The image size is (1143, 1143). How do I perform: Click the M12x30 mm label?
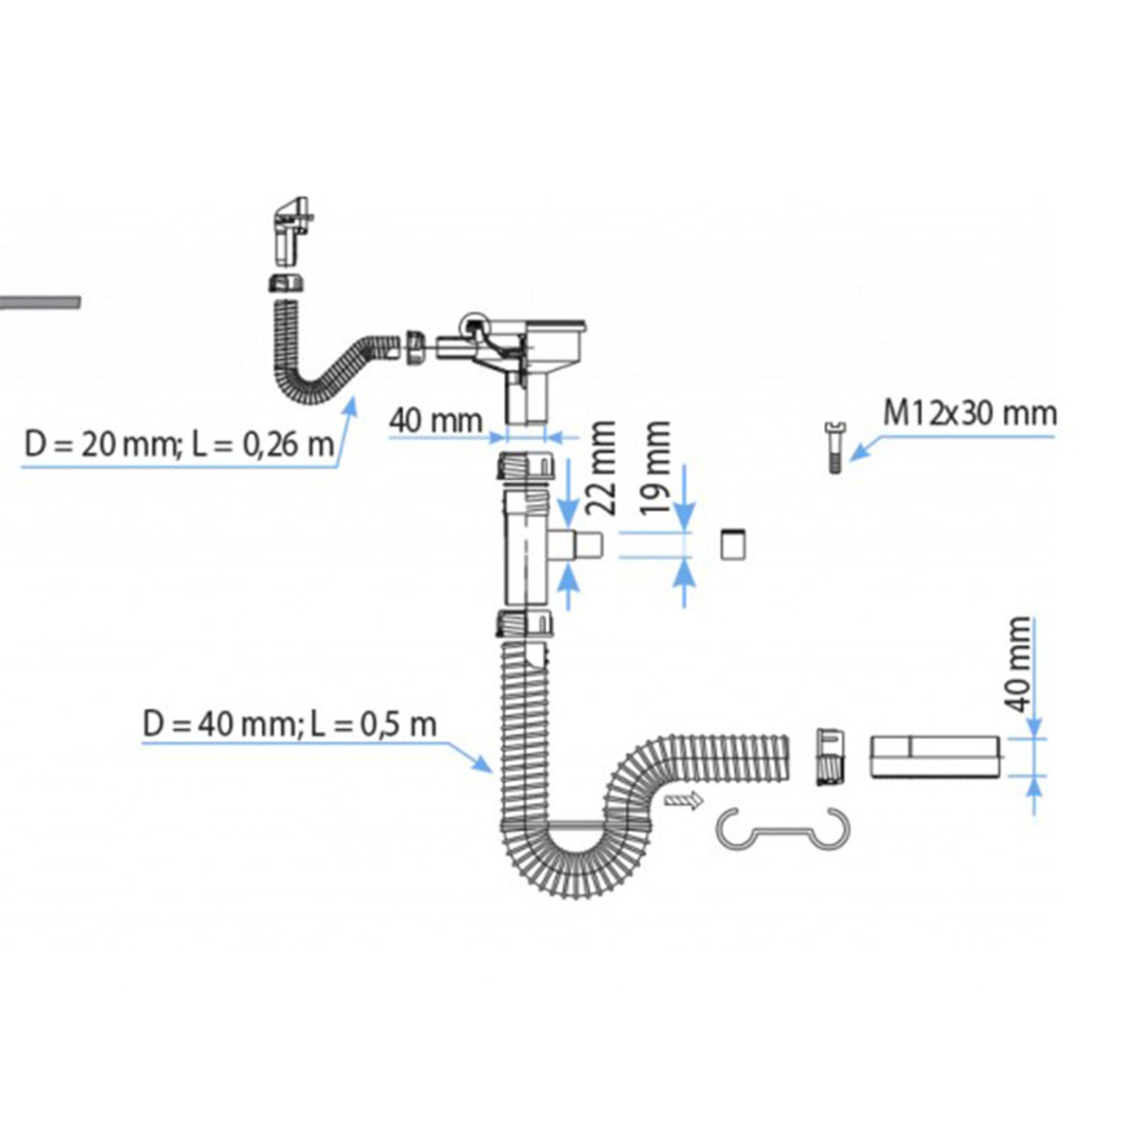(970, 413)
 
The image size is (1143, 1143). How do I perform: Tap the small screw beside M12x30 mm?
(834, 448)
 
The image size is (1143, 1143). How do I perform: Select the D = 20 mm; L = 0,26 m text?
(179, 444)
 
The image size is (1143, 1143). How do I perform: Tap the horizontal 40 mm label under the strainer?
(436, 421)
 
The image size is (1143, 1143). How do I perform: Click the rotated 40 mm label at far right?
(1019, 664)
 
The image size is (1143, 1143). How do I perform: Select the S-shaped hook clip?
(783, 828)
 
